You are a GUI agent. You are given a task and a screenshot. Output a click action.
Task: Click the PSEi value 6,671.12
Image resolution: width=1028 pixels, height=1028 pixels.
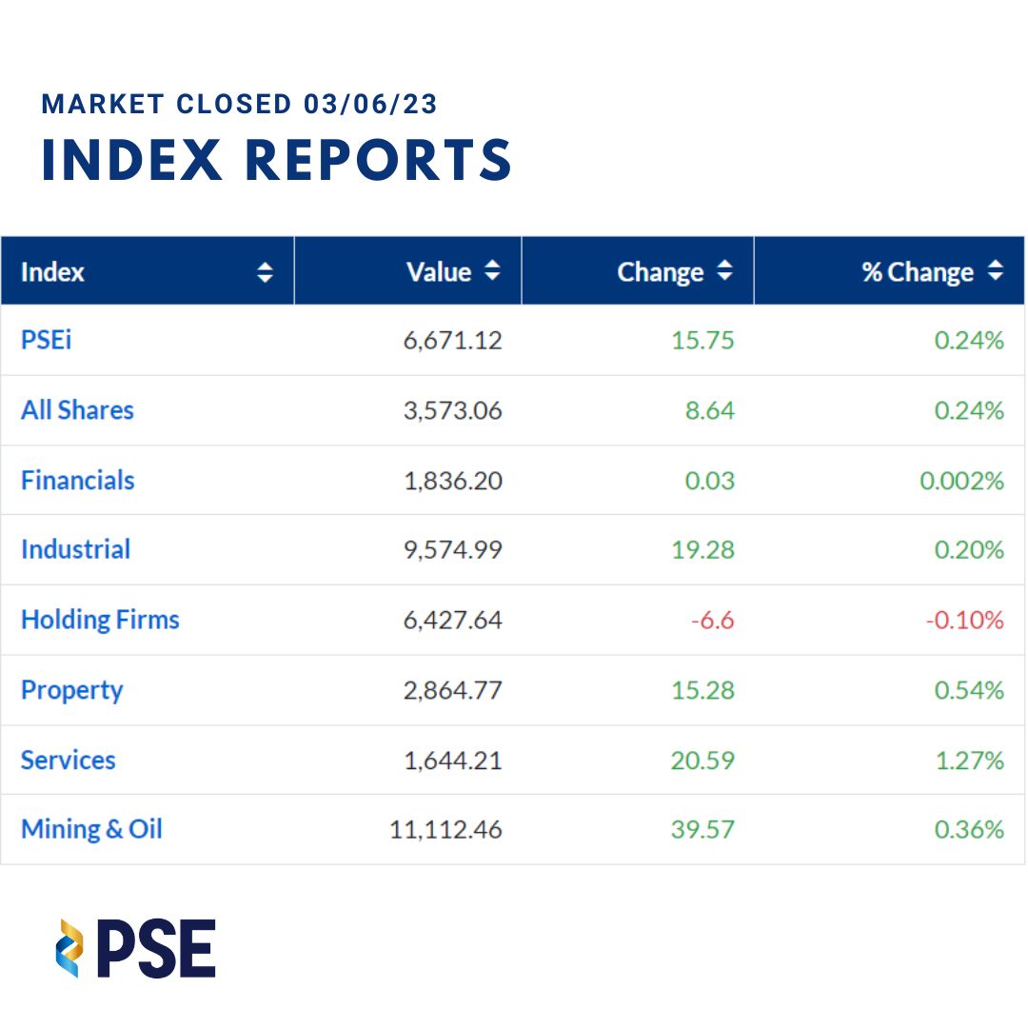tap(452, 341)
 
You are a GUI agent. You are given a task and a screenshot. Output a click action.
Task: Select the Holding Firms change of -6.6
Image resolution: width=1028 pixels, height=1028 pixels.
tap(712, 621)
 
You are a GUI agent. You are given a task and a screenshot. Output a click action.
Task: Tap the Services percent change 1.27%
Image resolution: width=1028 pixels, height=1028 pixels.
tap(969, 761)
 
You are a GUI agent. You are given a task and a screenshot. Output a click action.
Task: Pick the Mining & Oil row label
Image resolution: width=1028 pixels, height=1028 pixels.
tap(91, 829)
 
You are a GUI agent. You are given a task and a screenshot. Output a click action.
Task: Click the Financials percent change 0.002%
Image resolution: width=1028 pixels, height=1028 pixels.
tap(961, 481)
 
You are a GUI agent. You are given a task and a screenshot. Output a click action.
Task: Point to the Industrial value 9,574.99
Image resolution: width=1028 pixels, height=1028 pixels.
tap(452, 550)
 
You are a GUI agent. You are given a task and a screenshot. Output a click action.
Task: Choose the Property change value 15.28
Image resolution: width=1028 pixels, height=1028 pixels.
tap(702, 690)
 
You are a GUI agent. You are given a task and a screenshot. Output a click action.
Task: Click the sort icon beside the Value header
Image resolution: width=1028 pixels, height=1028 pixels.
tap(492, 271)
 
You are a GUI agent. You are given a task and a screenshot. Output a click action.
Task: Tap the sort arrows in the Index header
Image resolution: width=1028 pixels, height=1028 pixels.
tap(265, 273)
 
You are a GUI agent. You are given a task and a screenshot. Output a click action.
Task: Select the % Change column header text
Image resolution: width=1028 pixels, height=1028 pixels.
tap(918, 272)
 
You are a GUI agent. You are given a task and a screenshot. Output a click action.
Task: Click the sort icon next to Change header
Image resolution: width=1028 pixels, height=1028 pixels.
tap(724, 271)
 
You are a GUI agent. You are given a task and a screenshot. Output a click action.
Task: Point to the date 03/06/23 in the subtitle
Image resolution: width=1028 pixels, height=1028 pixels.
tap(370, 104)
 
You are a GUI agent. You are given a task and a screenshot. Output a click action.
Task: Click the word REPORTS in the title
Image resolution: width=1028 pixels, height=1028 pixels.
tap(379, 160)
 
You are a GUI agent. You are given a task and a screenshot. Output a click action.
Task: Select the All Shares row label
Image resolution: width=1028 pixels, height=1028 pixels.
tap(77, 410)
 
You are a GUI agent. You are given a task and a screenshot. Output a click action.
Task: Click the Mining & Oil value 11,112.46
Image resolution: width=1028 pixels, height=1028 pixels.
tap(445, 830)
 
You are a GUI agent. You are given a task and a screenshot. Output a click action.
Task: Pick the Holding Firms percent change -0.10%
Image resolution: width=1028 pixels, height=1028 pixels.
tap(964, 621)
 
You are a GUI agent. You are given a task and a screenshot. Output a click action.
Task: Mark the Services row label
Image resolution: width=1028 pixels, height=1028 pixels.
tap(69, 761)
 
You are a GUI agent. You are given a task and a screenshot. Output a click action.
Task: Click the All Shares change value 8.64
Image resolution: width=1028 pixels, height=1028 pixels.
tap(710, 410)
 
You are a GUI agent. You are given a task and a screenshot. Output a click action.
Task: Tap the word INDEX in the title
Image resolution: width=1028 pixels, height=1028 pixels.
tap(131, 160)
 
